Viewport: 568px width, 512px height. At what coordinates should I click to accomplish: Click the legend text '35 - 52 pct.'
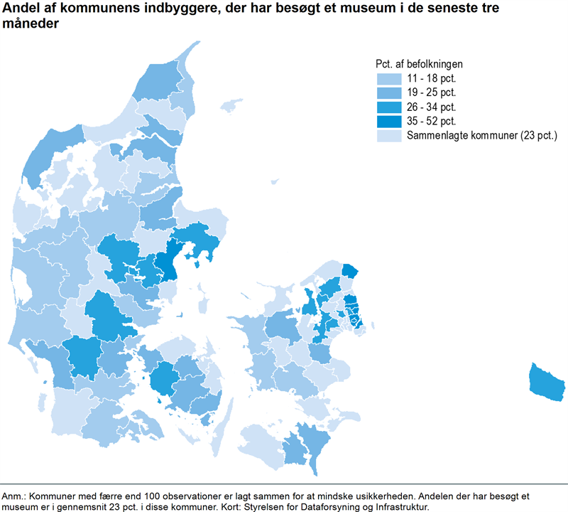[x=430, y=122]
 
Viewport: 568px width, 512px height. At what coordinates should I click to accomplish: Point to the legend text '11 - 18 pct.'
[x=430, y=79]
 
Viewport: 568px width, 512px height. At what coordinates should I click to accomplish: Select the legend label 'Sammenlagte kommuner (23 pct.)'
[x=481, y=136]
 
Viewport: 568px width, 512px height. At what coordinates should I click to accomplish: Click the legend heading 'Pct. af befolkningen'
[x=419, y=64]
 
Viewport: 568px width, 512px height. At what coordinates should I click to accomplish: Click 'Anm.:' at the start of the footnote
[x=14, y=495]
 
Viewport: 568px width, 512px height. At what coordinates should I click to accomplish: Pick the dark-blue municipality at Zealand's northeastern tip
[x=350, y=270]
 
